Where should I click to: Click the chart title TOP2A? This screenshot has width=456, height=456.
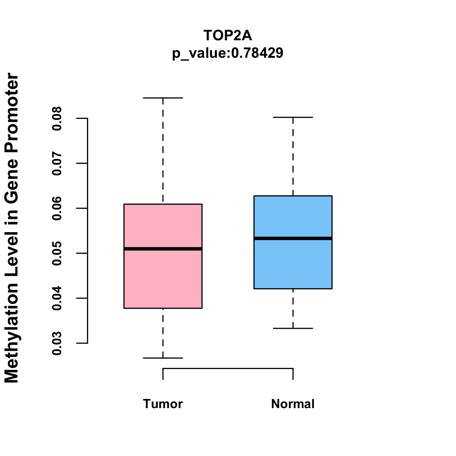click(228, 35)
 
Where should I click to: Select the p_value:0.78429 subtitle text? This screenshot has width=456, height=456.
click(228, 53)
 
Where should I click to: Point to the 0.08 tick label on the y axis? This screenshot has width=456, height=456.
click(57, 119)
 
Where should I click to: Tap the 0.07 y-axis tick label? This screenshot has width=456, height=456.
click(57, 163)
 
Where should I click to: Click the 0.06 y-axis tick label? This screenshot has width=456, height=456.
click(57, 208)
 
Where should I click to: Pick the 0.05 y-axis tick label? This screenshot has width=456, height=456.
click(57, 253)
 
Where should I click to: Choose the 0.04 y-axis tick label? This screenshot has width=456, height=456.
click(57, 298)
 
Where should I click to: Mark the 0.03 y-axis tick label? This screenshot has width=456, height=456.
click(57, 343)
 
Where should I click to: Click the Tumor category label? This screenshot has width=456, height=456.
click(163, 404)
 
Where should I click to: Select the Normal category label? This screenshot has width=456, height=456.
click(293, 404)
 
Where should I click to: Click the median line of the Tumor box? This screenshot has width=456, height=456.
click(163, 249)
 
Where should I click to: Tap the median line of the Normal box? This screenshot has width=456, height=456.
click(293, 238)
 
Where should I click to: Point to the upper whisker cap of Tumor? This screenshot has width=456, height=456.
click(163, 98)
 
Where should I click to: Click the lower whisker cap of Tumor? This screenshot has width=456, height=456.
click(163, 358)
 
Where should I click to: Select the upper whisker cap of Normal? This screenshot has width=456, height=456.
click(293, 117)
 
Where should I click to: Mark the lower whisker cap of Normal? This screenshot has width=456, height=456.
click(293, 328)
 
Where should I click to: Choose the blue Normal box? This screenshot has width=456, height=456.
click(293, 266)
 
